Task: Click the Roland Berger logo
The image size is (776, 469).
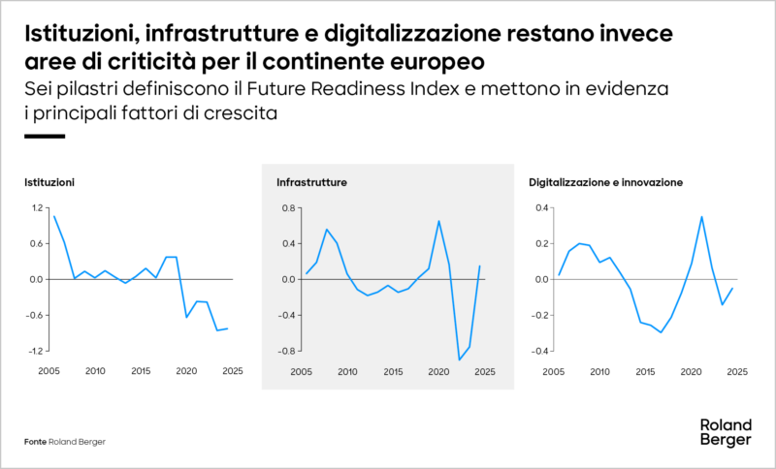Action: (x=724, y=432)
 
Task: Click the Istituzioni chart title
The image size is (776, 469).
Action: (x=49, y=182)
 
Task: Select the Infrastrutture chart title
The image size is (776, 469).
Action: (x=311, y=182)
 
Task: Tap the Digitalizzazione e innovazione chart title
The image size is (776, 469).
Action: (x=606, y=182)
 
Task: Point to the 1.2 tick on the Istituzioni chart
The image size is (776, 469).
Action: (x=38, y=207)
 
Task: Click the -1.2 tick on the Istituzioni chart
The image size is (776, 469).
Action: (x=36, y=351)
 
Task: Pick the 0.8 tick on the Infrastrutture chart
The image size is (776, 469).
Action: (x=288, y=207)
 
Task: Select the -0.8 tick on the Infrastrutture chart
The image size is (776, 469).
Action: (x=286, y=351)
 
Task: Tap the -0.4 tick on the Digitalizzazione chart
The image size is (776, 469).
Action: (x=538, y=351)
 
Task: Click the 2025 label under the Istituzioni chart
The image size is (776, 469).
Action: (x=232, y=371)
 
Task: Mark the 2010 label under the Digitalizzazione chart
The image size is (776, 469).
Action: (x=599, y=371)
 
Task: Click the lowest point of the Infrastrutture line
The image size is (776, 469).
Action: (x=459, y=360)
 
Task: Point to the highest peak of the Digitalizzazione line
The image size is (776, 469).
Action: (x=701, y=216)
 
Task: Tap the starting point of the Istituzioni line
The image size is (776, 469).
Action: (x=54, y=216)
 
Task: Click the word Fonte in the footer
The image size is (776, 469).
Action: (x=35, y=442)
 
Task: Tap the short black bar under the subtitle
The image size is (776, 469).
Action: (x=44, y=136)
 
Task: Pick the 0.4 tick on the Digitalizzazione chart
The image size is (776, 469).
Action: (x=540, y=207)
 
